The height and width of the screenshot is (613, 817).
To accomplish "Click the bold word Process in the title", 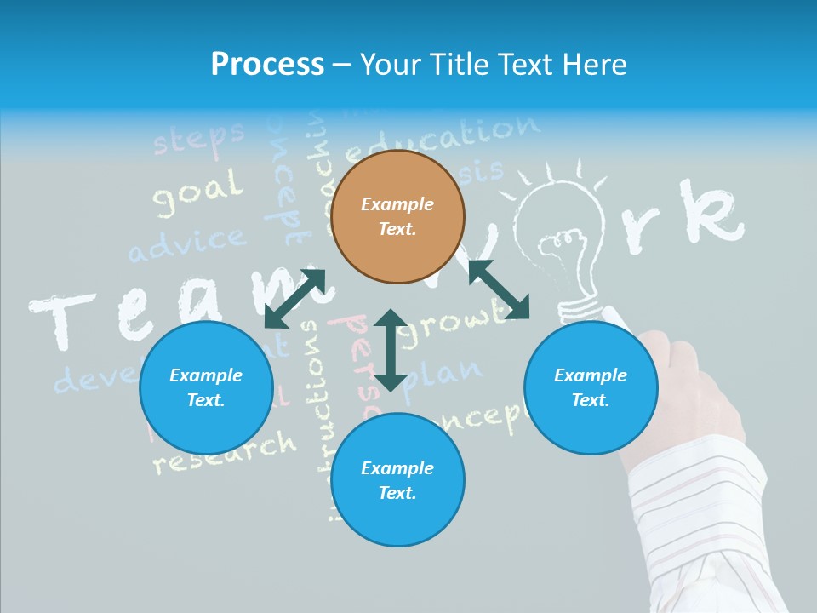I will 267,65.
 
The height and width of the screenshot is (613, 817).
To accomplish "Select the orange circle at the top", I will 397,216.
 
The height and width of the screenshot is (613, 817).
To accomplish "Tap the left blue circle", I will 206,387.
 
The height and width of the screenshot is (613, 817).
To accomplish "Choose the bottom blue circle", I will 397,479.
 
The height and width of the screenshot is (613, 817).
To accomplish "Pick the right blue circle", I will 591,387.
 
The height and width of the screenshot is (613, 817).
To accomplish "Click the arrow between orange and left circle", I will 295,298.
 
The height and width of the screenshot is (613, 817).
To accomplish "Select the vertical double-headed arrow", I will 391,350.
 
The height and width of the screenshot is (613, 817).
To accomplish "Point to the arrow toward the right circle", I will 499,289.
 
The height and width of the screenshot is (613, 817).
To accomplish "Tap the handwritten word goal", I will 197,192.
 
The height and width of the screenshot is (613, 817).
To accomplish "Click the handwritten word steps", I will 198,138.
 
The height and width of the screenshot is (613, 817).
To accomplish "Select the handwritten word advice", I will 186,244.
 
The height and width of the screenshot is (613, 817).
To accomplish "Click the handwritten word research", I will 225,452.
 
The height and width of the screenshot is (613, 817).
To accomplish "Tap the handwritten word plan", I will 443,375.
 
